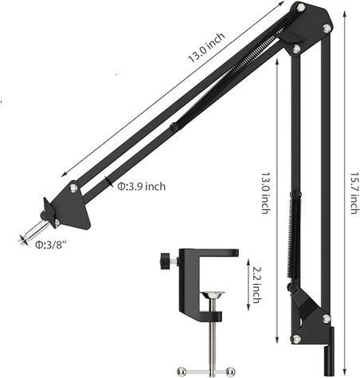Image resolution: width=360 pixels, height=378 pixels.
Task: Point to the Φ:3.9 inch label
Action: (x=141, y=187)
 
